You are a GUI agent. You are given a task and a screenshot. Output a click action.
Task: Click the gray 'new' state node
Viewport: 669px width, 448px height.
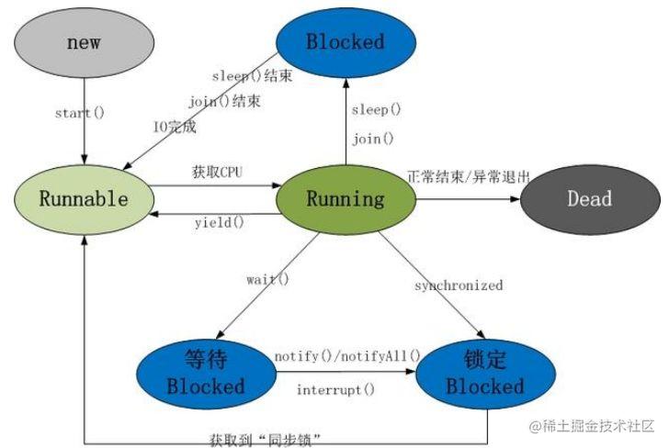(x=84, y=44)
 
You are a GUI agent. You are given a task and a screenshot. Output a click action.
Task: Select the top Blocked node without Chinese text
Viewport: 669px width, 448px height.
(x=346, y=42)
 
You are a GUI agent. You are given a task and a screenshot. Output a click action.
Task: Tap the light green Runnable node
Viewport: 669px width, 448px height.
(x=84, y=199)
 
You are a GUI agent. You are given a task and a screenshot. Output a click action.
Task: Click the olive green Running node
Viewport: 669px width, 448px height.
(x=346, y=199)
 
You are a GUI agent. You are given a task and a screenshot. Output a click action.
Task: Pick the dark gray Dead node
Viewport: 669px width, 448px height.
(x=589, y=199)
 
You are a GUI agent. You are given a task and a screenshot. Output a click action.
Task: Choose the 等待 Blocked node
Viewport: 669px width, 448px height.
(x=206, y=373)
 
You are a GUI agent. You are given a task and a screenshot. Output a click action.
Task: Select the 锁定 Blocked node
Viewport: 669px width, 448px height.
(x=484, y=373)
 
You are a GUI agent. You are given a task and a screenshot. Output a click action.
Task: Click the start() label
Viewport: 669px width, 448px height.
(x=79, y=113)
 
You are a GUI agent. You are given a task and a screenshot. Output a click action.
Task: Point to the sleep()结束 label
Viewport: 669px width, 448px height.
(x=251, y=76)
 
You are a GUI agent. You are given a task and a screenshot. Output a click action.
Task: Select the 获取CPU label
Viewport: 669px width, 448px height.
(x=217, y=172)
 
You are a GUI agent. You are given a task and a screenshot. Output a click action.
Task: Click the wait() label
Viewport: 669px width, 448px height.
(x=266, y=278)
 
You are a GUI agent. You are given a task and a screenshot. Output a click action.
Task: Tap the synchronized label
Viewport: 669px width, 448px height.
(x=458, y=286)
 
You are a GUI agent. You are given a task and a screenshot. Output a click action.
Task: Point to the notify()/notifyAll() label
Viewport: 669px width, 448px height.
(x=347, y=355)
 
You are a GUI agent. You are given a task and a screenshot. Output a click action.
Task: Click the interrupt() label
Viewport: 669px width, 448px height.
(x=335, y=389)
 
